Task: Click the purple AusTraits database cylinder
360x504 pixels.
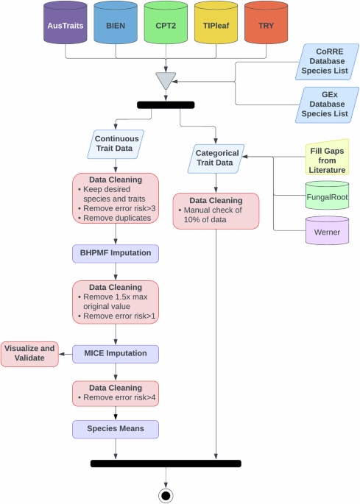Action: (66, 24)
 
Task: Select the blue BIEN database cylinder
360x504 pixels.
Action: (116, 24)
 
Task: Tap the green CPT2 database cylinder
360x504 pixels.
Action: (166, 24)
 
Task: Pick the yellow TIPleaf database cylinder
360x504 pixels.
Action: (216, 24)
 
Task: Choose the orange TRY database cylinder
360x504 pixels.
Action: (266, 24)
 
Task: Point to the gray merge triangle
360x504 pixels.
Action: (166, 79)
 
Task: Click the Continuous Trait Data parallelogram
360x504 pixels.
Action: (116, 143)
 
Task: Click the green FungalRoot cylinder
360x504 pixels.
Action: (326, 197)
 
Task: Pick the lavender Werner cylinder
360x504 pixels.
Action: (326, 230)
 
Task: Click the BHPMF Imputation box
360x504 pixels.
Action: (116, 254)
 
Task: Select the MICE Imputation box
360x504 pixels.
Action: (116, 353)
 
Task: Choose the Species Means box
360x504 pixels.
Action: (116, 428)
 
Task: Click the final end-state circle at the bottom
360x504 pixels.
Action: (166, 495)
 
